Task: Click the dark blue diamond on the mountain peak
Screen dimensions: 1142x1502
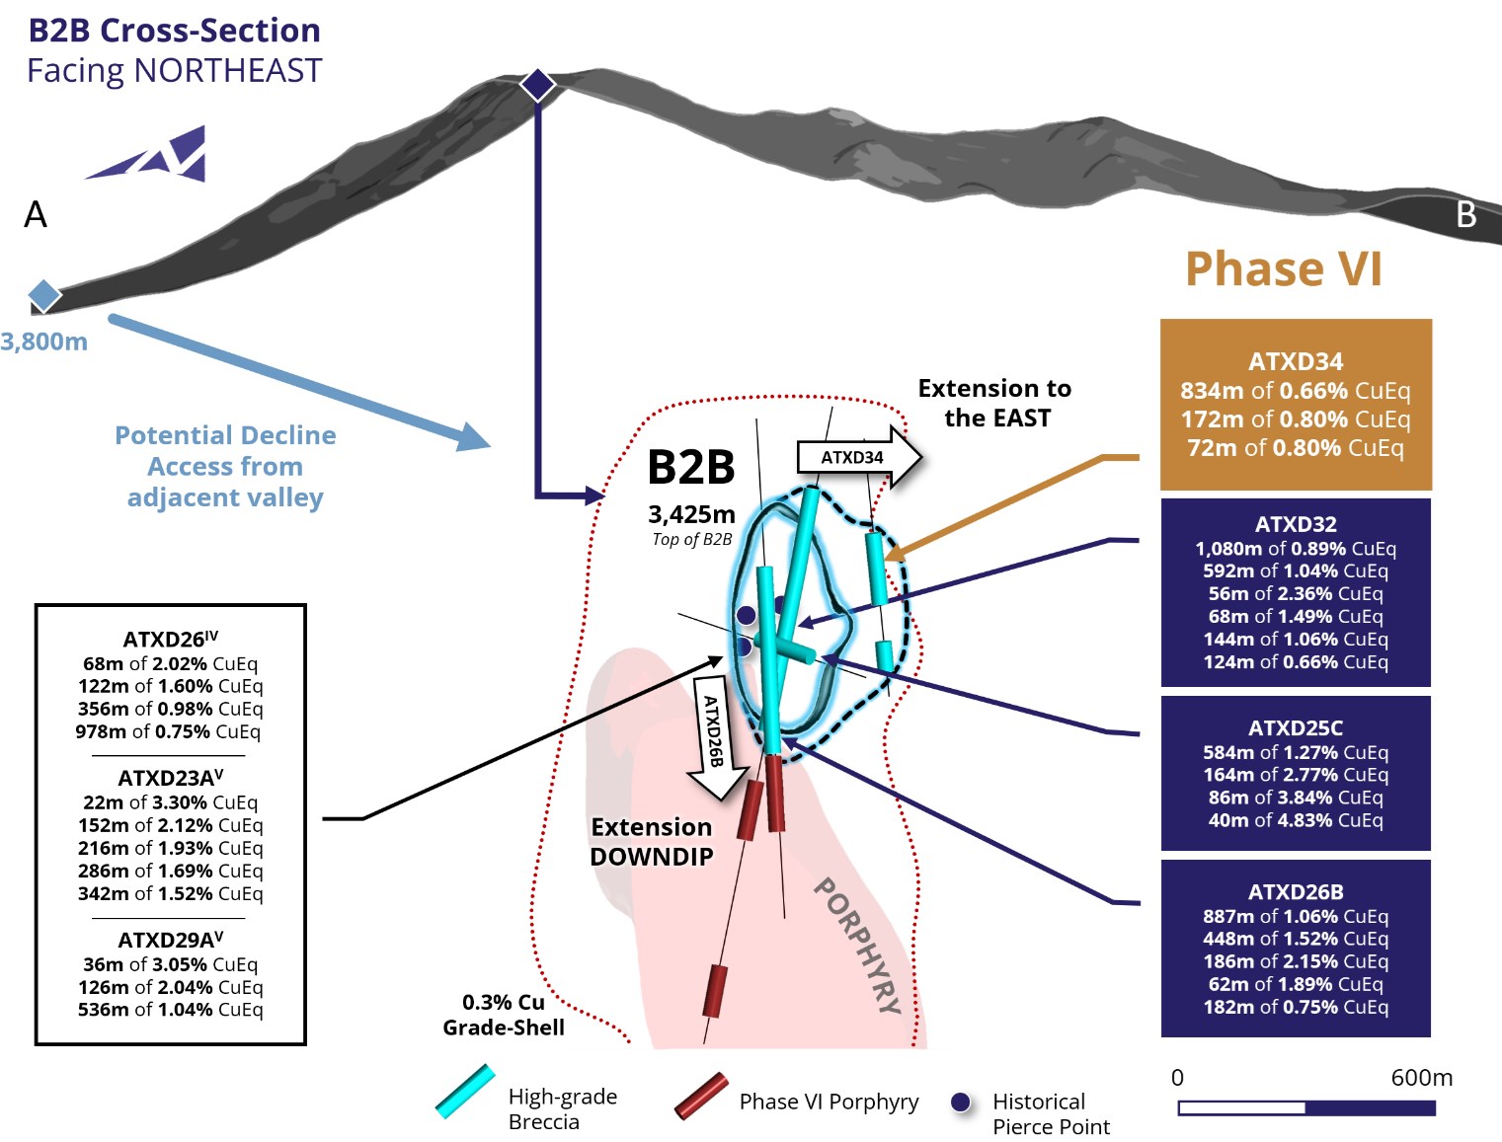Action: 537,85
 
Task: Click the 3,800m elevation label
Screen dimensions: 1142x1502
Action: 44,342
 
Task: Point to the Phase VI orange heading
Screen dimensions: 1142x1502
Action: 1283,268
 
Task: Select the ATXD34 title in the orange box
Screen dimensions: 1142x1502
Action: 1296,361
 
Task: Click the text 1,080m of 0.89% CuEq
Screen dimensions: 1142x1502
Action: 1296,549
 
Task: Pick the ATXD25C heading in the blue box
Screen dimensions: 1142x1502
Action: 1296,728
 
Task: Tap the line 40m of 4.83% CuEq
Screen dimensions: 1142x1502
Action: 1296,820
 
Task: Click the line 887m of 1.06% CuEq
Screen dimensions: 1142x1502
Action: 1296,916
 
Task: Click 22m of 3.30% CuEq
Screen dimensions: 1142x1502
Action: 171,802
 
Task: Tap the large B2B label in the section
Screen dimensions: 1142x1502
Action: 691,468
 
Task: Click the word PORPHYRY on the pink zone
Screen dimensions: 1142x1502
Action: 857,946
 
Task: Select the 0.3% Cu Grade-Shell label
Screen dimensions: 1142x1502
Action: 504,1015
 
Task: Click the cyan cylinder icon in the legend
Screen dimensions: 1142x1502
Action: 465,1091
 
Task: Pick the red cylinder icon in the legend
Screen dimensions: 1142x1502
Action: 701,1096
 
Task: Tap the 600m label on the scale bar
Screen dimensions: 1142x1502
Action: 1421,1078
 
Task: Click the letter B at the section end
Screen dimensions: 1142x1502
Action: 1466,214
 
